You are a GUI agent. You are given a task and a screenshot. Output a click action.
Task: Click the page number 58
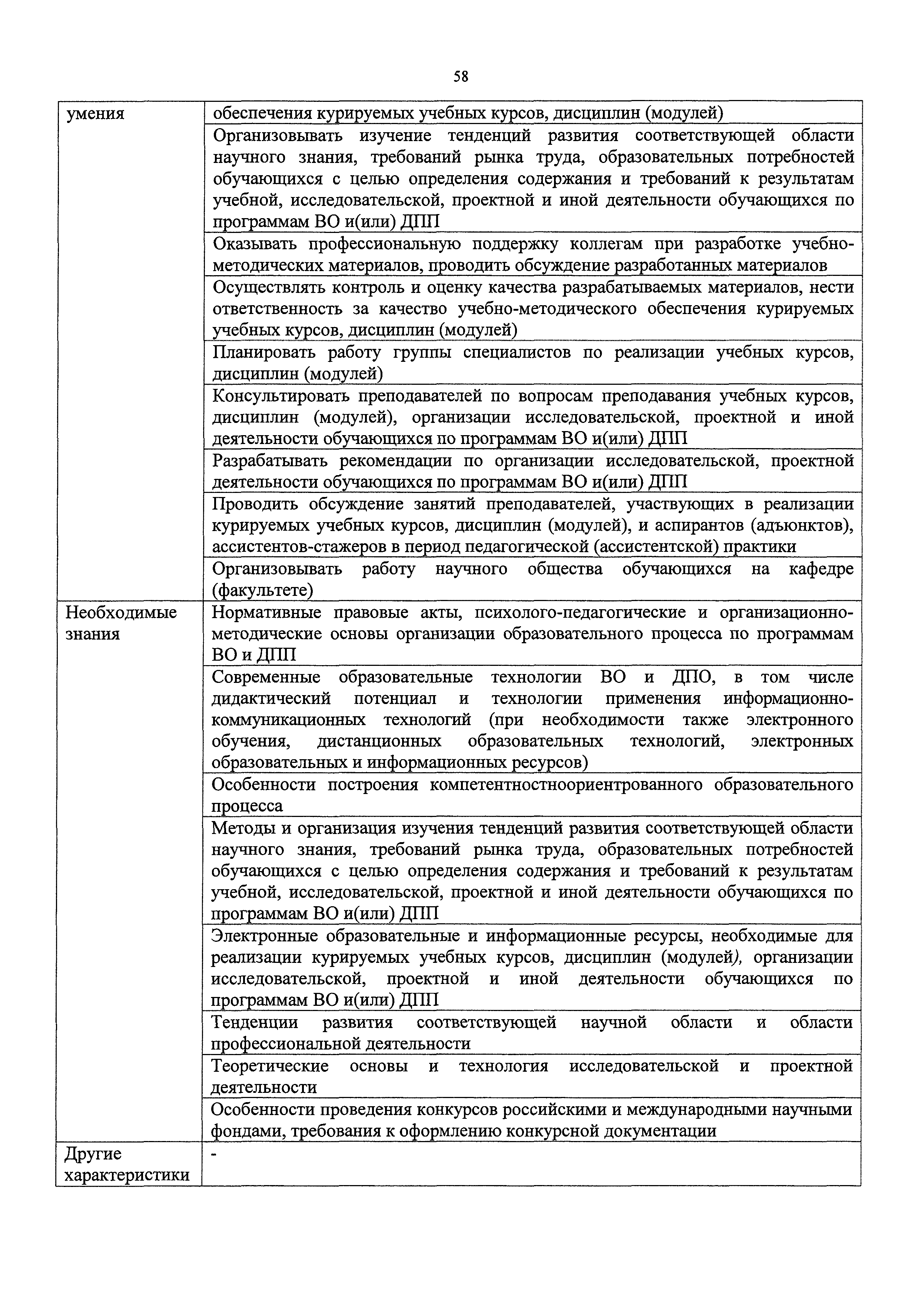pos(460,77)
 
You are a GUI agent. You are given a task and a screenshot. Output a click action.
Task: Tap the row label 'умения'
pos(95,114)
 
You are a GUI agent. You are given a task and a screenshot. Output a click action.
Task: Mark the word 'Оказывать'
pos(255,244)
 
